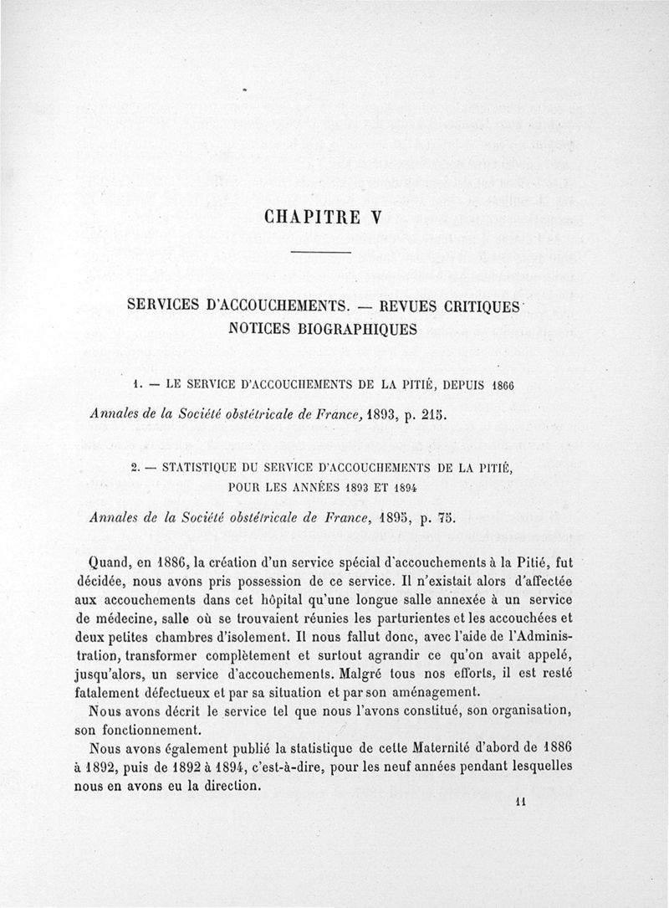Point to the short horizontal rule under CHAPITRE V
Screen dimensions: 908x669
pyautogui.click(x=320, y=253)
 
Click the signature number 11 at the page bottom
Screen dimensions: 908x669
pyautogui.click(x=520, y=803)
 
